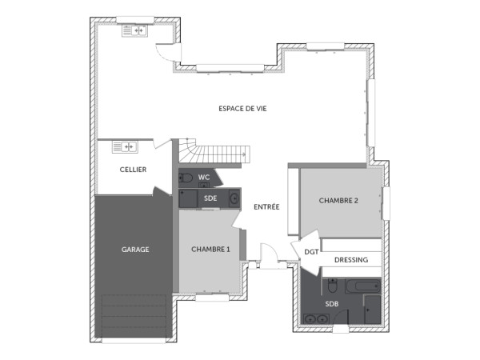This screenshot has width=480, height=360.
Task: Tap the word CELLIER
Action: pos(133,170)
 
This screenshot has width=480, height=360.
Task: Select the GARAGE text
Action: pos(135,249)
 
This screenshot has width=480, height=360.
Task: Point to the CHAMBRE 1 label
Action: pos(210,249)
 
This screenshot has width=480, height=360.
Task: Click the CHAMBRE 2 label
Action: pos(338,200)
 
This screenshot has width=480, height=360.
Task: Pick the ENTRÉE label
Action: pos(266,207)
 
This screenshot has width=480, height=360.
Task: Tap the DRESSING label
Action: pos(350,259)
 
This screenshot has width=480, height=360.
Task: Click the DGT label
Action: pos(311,252)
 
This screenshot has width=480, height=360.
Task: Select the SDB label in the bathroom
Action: pos(331,305)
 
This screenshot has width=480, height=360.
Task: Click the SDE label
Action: pos(210,198)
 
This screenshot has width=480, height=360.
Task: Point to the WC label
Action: pos(204,178)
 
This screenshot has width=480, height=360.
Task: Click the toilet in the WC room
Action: pos(186,178)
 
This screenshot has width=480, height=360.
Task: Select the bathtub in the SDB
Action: pos(363,285)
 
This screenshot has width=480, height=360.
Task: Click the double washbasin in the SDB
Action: pos(314,319)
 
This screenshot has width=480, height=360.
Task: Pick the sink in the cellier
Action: pos(126,146)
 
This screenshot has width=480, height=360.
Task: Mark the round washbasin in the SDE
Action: pos(233,197)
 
